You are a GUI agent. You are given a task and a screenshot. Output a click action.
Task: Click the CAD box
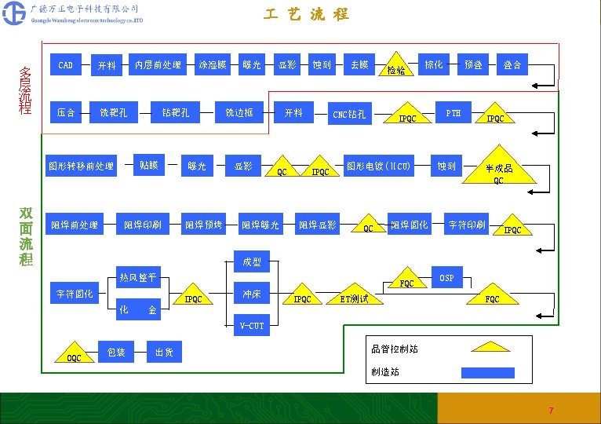pyautogui.click(x=66, y=65)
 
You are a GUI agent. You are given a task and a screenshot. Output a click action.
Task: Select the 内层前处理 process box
pyautogui.click(x=158, y=64)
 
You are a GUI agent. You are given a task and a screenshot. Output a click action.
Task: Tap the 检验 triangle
pyautogui.click(x=396, y=68)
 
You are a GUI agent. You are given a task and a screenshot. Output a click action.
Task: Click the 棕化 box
pyautogui.click(x=433, y=64)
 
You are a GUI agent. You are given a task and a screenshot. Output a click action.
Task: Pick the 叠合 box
pyautogui.click(x=512, y=64)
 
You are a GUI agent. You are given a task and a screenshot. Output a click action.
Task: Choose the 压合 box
pyautogui.click(x=66, y=113)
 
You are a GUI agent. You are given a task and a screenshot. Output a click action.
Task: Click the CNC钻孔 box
pyautogui.click(x=350, y=115)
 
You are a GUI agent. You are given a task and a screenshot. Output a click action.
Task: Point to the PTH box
pyautogui.click(x=453, y=113)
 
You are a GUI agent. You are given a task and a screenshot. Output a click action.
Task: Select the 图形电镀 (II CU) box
pyautogui.click(x=379, y=166)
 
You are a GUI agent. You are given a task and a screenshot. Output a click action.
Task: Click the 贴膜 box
pyautogui.click(x=149, y=165)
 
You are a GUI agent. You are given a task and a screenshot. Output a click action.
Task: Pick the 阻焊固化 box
pyautogui.click(x=410, y=225)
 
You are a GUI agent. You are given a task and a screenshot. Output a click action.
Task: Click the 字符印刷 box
pyautogui.click(x=467, y=225)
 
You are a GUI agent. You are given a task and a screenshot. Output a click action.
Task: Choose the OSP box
pyautogui.click(x=446, y=278)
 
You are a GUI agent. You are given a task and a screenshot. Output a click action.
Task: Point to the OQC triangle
pyautogui.click(x=75, y=356)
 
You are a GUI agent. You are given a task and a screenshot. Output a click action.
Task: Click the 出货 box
pyautogui.click(x=165, y=353)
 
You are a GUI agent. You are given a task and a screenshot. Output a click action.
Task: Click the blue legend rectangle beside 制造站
pyautogui.click(x=487, y=372)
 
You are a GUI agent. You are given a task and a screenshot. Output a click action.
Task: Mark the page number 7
pyautogui.click(x=551, y=411)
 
